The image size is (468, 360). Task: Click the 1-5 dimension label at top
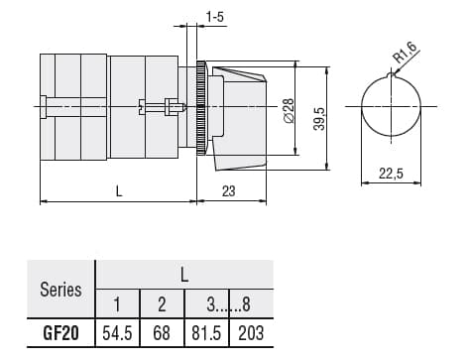coord(214,16)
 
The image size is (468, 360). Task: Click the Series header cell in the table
coord(60,290)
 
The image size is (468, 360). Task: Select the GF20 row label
coord(60,332)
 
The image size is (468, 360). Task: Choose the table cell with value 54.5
coord(118,332)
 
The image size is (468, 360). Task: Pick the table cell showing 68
coord(162,332)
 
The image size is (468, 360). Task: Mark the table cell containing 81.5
coord(206,332)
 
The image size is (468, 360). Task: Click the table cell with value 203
coord(251,332)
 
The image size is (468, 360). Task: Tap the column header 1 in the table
coord(118,304)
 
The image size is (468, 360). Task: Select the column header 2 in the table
coord(162,304)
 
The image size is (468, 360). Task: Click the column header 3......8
coord(228,304)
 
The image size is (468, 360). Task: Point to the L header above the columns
coord(183,274)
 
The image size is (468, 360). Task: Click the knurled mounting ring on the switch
coord(200,107)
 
